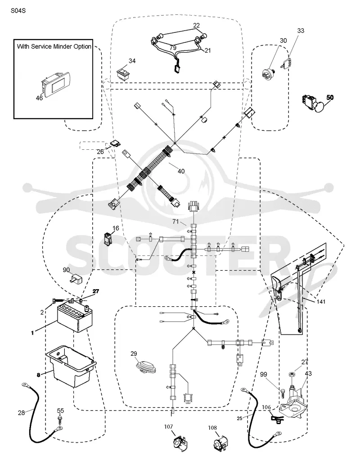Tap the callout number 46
click(x=39, y=98)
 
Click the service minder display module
click(x=55, y=83)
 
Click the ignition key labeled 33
click(x=285, y=62)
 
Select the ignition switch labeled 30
click(x=269, y=72)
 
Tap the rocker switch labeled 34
click(x=123, y=73)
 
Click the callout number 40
click(x=181, y=171)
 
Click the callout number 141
click(x=321, y=302)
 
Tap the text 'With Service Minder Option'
click(x=54, y=46)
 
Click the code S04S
click(x=18, y=11)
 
